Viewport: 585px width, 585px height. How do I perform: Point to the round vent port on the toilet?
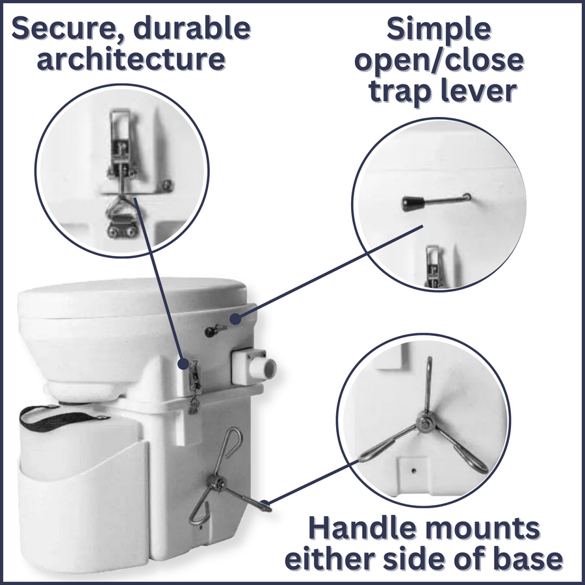[266, 369]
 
